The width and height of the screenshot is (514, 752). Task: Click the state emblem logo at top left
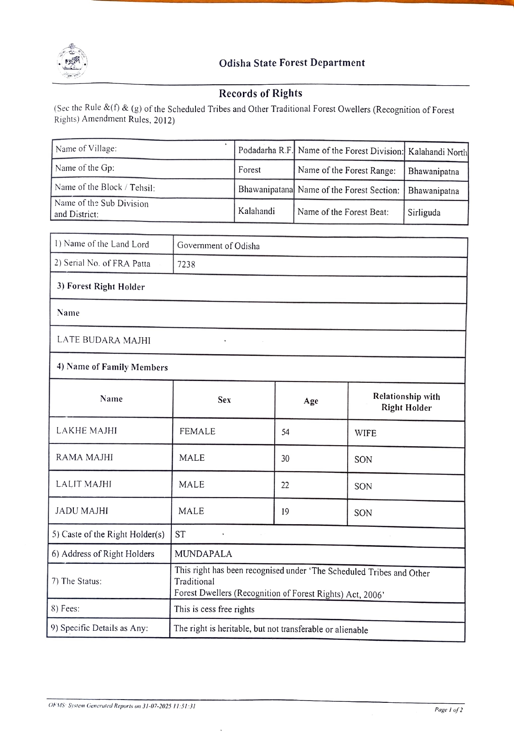[72, 62]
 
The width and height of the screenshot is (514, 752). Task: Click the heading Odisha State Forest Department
[292, 63]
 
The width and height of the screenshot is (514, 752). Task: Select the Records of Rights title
[260, 93]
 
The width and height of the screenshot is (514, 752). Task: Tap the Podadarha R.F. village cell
[265, 150]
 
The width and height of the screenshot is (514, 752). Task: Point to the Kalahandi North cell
[437, 152]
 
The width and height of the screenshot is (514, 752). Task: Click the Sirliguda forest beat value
[424, 212]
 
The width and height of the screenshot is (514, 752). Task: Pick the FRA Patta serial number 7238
[186, 264]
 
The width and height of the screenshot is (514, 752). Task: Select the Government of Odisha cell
[218, 246]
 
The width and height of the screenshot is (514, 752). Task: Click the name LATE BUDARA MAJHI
[103, 340]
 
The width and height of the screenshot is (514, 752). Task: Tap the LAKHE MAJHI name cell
[87, 431]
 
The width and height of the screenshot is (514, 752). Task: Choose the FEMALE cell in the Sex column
[197, 431]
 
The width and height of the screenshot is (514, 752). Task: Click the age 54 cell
[285, 432]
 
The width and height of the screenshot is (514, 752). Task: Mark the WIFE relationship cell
[365, 433]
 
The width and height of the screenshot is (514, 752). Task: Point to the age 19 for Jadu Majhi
[285, 512]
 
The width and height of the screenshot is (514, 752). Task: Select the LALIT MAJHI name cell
[83, 484]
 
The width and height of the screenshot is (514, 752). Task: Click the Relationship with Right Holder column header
[406, 402]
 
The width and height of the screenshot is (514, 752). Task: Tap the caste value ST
[180, 535]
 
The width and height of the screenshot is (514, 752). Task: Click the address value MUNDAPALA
[203, 554]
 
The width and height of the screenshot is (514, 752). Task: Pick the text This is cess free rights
[214, 609]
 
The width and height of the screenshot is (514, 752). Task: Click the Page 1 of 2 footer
[448, 710]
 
